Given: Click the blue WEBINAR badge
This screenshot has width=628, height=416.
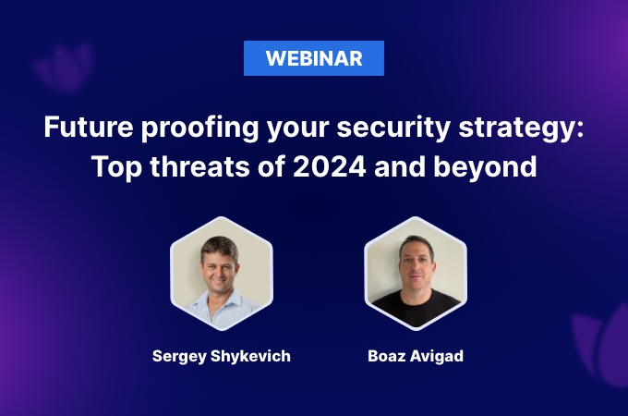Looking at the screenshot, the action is (x=314, y=58).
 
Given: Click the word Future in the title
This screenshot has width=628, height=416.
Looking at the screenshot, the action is (x=88, y=127).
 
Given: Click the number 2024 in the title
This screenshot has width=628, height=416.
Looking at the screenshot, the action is (x=329, y=166).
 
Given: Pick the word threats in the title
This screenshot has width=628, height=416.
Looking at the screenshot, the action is (x=199, y=166).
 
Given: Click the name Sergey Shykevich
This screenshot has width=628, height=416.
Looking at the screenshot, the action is (x=222, y=356).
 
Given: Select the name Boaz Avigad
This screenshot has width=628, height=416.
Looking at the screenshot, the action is (x=416, y=356).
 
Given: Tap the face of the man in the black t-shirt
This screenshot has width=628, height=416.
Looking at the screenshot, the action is (x=417, y=267).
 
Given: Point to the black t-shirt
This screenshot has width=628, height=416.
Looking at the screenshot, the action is (x=416, y=308).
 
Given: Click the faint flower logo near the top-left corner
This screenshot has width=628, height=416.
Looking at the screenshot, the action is (x=64, y=67).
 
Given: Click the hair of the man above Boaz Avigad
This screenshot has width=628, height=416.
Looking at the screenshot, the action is (x=417, y=245).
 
